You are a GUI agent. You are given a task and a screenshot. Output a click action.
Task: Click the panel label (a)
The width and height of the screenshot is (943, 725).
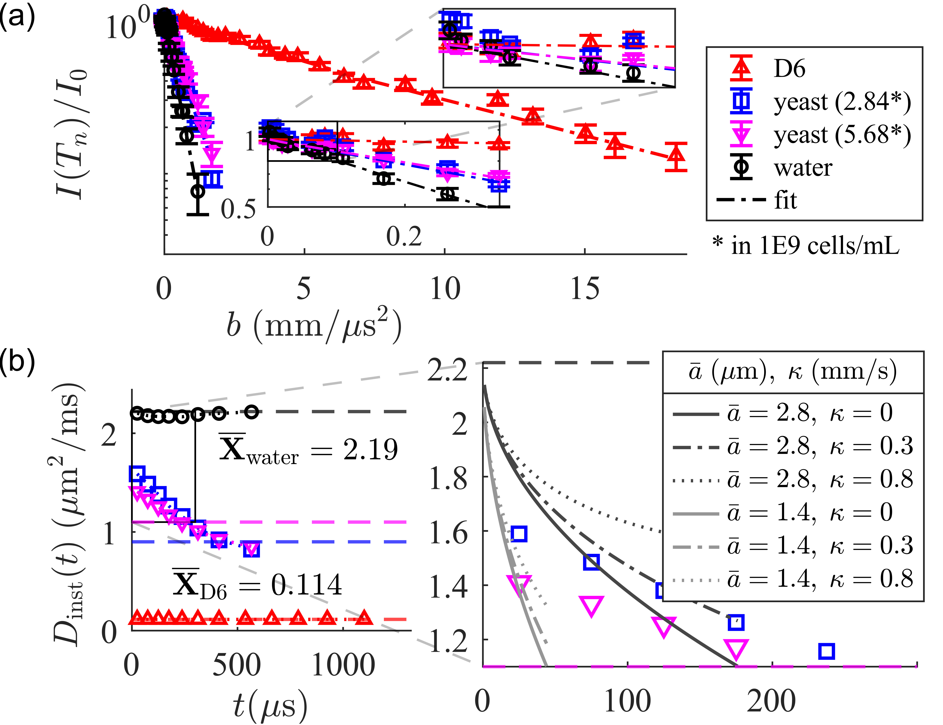[x=17, y=18]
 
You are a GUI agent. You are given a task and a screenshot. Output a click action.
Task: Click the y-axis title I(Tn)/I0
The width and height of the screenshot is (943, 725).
[x=71, y=134]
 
